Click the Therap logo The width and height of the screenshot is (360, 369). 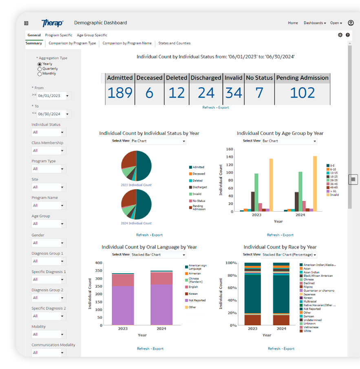(x=52, y=23)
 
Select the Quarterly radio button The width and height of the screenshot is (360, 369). (x=40, y=69)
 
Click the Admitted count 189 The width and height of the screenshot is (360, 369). (x=119, y=93)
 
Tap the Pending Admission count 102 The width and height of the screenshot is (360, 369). (x=302, y=93)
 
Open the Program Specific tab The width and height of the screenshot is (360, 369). (x=59, y=35)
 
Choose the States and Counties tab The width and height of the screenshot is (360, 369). (x=174, y=43)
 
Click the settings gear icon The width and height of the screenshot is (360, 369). (x=340, y=35)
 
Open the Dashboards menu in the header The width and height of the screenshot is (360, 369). (x=315, y=23)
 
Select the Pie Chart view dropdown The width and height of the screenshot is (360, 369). (x=158, y=141)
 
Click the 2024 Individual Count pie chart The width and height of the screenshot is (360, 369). (x=136, y=205)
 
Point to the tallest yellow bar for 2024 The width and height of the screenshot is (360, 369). (x=315, y=183)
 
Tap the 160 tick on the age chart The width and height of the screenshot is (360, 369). (x=230, y=149)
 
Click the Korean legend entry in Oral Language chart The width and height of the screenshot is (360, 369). (x=193, y=294)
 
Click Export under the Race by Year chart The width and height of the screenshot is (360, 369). (x=289, y=349)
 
